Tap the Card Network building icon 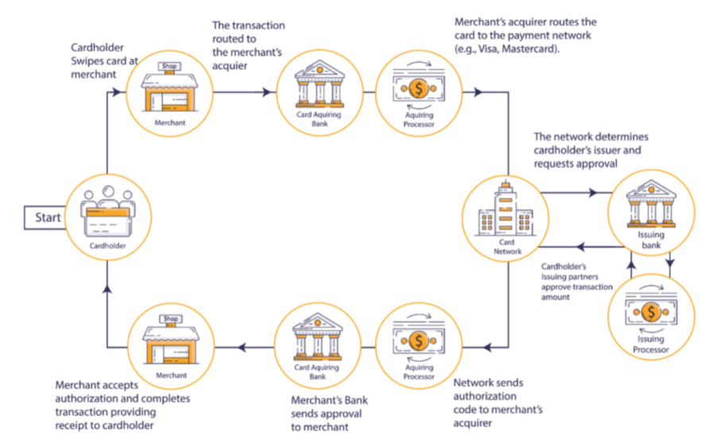point(503,210)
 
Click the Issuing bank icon point(650,203)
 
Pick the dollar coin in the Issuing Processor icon point(651,310)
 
